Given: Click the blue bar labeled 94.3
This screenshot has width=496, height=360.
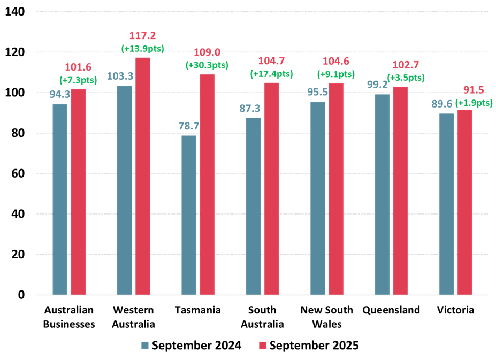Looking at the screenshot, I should click(60, 199).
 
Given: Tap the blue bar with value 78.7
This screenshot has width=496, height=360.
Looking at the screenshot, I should click(189, 215).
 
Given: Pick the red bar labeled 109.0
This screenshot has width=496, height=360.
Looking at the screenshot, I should click(207, 184).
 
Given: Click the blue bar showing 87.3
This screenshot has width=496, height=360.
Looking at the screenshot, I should click(253, 206).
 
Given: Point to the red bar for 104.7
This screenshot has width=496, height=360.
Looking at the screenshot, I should click(272, 188).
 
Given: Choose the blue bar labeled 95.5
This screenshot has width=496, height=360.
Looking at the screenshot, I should click(318, 198).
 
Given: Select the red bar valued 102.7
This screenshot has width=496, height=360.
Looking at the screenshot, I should click(400, 190).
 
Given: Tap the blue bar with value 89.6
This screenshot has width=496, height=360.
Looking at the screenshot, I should click(447, 204).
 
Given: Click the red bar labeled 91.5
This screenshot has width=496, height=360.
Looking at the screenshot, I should click(465, 202).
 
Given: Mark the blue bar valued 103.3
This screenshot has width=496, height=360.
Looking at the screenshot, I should click(124, 190).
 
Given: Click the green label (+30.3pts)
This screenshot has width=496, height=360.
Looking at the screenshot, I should click(207, 65).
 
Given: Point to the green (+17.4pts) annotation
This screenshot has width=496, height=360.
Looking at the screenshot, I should click(271, 73).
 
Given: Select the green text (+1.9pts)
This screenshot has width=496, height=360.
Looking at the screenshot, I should click(474, 103).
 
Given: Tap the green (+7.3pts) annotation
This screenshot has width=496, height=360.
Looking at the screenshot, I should click(78, 80).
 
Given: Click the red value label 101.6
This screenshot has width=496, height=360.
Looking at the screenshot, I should click(78, 67).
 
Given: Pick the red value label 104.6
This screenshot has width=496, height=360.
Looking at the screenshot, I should click(336, 61).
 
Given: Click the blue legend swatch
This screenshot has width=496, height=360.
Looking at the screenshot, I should click(145, 345).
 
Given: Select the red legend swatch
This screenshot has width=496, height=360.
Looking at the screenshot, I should click(263, 345).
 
